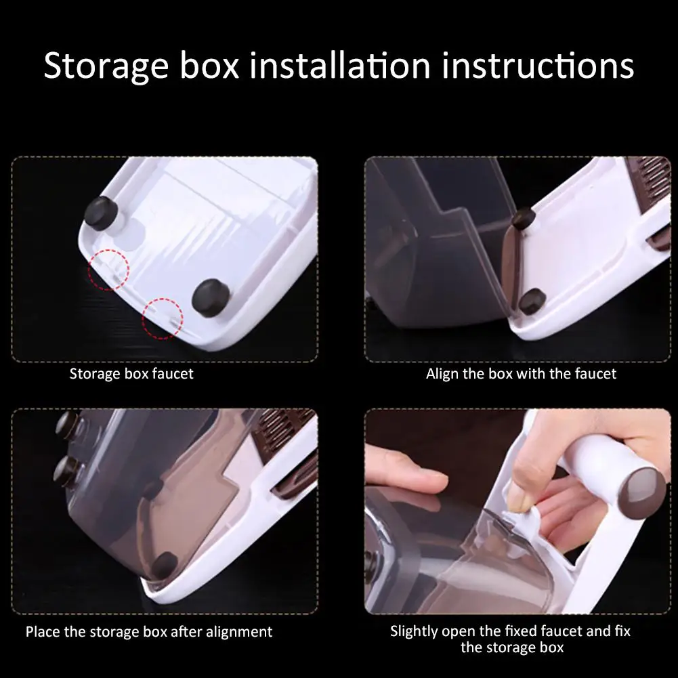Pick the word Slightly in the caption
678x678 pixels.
click(415, 631)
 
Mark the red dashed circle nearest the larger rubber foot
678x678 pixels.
click(163, 317)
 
